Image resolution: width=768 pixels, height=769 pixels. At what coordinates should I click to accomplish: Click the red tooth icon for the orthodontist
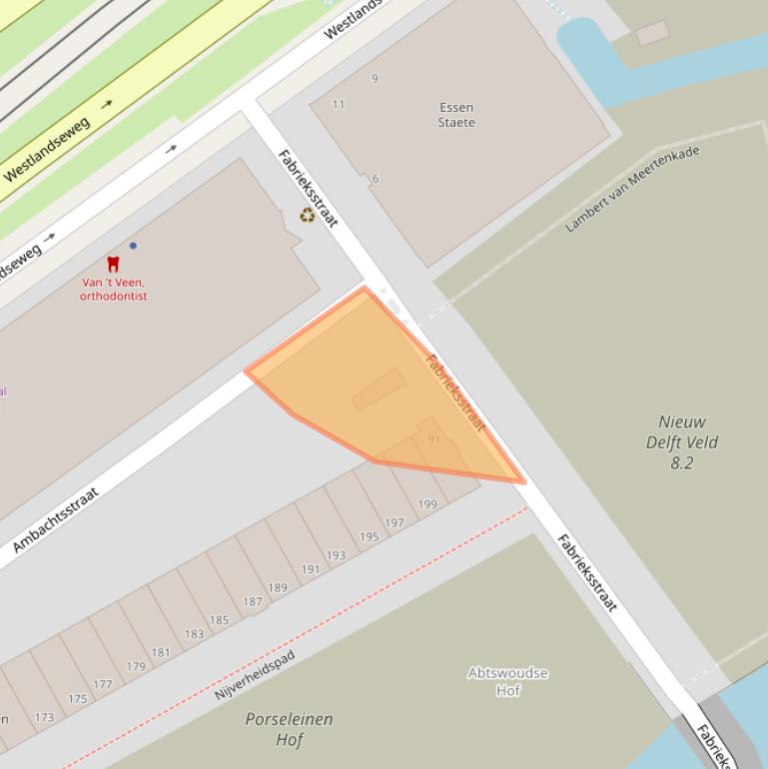[x=113, y=264]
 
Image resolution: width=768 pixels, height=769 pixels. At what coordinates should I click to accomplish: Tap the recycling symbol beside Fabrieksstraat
[x=308, y=214]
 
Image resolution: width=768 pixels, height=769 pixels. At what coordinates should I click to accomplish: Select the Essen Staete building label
[x=456, y=115]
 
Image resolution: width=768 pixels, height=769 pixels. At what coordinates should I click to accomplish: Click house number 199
[x=427, y=504]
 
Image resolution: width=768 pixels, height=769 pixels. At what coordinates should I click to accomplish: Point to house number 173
[x=44, y=717]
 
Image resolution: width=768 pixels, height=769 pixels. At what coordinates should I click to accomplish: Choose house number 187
[x=252, y=601]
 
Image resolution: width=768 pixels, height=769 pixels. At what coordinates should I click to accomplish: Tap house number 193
[x=336, y=555]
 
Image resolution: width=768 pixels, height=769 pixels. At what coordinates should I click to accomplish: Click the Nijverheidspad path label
[x=255, y=676]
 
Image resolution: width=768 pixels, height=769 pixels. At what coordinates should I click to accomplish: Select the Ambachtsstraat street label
[x=56, y=520]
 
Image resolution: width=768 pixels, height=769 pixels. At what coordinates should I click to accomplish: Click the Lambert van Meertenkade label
[x=632, y=188]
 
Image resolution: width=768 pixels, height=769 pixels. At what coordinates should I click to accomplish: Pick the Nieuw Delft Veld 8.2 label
[x=682, y=442]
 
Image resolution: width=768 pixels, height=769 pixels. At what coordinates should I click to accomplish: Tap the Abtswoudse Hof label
[x=507, y=681]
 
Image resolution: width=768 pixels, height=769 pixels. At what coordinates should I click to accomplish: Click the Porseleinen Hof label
[x=289, y=729]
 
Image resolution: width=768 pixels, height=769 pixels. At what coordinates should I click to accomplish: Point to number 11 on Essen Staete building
[x=339, y=104]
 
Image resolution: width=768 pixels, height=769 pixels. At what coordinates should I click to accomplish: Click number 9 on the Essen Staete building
[x=375, y=78]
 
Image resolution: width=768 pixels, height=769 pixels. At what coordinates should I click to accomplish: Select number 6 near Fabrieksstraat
[x=376, y=179]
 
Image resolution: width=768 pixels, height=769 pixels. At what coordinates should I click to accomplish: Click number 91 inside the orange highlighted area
[x=433, y=439]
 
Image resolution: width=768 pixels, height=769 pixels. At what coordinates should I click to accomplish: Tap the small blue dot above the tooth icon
[x=133, y=246]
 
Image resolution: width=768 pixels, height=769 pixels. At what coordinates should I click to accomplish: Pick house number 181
[x=161, y=653]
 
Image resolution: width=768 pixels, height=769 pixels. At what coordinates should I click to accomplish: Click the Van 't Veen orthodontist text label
[x=113, y=289]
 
